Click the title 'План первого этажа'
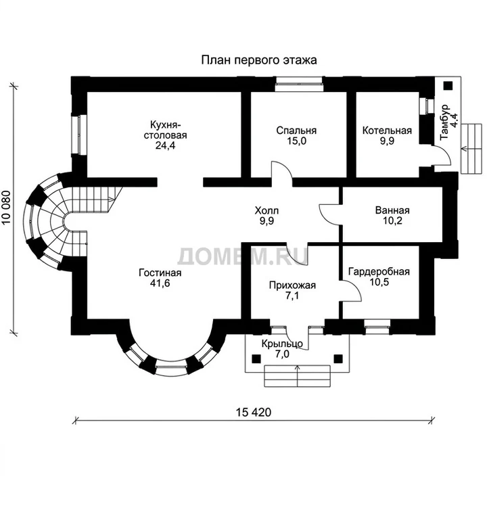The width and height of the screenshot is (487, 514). (x=259, y=60)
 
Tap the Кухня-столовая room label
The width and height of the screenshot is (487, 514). (x=165, y=130)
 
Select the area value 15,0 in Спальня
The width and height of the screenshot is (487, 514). (x=296, y=141)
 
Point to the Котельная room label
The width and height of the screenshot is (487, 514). (x=387, y=131)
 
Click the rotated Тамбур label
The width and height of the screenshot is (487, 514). (x=444, y=122)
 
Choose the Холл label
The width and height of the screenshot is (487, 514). (x=266, y=210)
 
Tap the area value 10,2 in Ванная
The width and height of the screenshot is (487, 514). (x=392, y=220)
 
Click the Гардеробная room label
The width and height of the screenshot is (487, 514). (x=379, y=272)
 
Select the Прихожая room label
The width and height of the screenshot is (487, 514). (x=292, y=285)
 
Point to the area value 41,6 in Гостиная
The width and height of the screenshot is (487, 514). (x=160, y=283)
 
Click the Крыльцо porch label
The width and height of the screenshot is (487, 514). (x=282, y=344)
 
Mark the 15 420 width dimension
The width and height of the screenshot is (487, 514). (x=254, y=412)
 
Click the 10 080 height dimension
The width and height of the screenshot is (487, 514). (x=7, y=208)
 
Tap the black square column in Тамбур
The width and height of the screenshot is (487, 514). (x=448, y=86)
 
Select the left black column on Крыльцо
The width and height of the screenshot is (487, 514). (x=256, y=358)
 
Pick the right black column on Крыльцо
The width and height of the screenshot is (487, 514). (x=338, y=358)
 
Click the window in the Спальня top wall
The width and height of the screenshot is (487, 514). (x=298, y=84)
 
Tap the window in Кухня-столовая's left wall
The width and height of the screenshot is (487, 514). (x=79, y=134)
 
